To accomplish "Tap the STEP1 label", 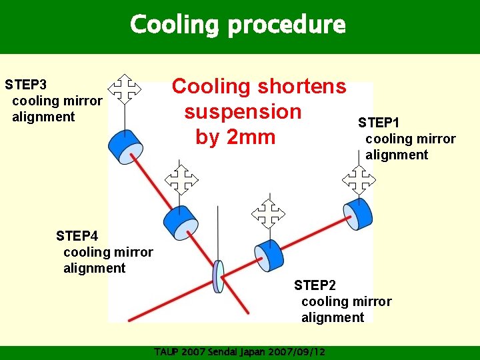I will click(x=379, y=123).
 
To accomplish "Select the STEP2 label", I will click(x=315, y=285).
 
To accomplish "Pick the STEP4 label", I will click(x=77, y=236).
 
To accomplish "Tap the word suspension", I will click(x=243, y=111).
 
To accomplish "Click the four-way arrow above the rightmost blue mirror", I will click(x=359, y=179).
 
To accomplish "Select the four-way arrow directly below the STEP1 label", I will click(x=359, y=179).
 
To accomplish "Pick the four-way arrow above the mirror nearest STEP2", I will click(x=267, y=213).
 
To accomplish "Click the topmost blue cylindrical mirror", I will click(x=125, y=146).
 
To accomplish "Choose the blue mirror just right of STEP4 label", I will click(x=178, y=222).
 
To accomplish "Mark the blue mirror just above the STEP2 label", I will click(x=269, y=255).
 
